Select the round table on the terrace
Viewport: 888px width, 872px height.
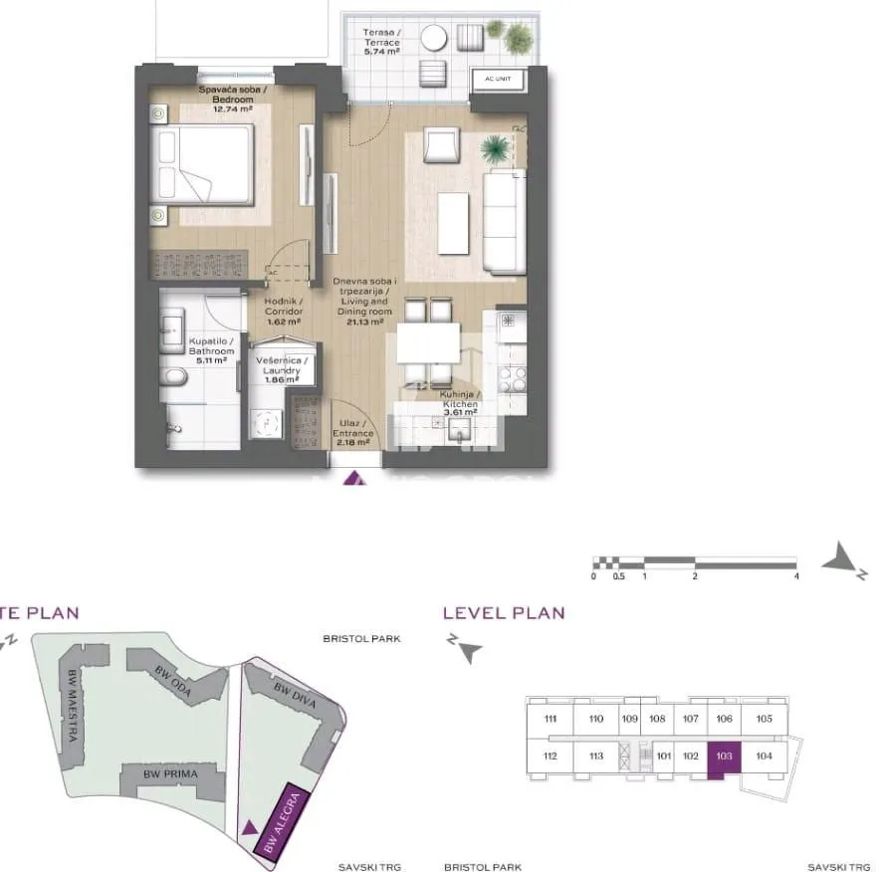point(434,38)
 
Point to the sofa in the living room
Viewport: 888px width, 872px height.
point(504,221)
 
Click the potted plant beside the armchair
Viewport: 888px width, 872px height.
point(494,150)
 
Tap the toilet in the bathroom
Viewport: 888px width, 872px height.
point(174,377)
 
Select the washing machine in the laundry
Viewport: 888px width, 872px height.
point(267,423)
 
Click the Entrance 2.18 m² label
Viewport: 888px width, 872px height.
point(355,429)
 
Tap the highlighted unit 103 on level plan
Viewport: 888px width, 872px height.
point(724,756)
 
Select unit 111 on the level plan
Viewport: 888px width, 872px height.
point(551,719)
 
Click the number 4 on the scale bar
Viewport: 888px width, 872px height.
point(796,576)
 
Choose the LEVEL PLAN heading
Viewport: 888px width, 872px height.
point(504,613)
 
